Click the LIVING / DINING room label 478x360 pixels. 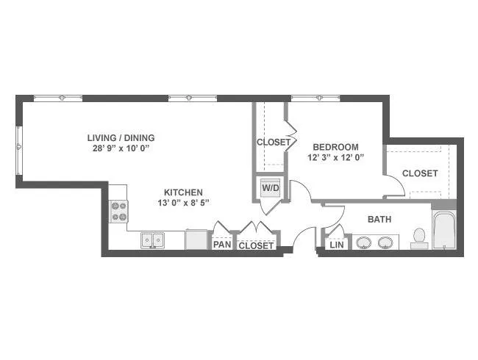point(121,138)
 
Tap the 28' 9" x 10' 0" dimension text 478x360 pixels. point(122,148)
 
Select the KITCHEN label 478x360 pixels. point(183,192)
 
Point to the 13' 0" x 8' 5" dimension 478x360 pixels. point(184,203)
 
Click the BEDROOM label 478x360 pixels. point(335,147)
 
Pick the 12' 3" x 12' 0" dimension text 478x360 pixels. point(336,158)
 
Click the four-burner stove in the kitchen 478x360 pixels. point(119,212)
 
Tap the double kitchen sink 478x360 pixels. point(152,240)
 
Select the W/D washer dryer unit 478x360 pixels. point(271,188)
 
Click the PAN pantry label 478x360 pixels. point(222,244)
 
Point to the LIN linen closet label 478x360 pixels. point(337,245)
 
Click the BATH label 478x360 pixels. point(379,219)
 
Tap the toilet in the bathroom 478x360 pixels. point(419,238)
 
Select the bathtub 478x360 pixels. point(444,231)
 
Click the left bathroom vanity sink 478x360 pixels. point(364,242)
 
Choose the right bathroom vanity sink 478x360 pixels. point(385,242)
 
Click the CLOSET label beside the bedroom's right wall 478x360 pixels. point(420,173)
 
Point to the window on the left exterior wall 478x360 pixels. point(19,151)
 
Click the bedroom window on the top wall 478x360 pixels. point(315,98)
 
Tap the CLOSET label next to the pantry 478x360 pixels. point(256,245)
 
